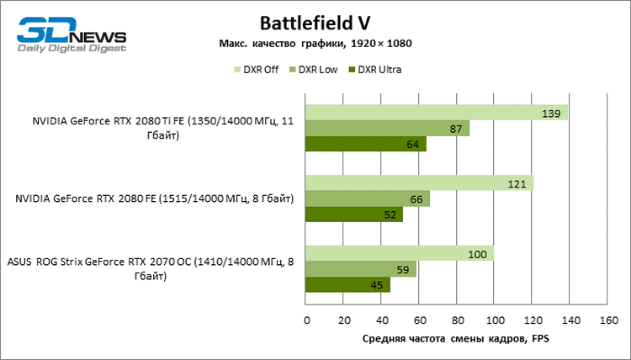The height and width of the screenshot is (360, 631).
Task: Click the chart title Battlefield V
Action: pyautogui.click(x=315, y=22)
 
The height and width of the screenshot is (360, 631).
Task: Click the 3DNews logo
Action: pyautogui.click(x=72, y=37)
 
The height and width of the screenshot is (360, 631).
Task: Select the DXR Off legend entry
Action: pyautogui.click(x=257, y=70)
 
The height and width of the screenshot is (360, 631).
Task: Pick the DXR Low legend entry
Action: pyautogui.click(x=313, y=70)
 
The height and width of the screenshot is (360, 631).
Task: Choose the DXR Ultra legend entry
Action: pyautogui.click(x=374, y=70)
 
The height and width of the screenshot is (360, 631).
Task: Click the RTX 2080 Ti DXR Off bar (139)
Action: pyautogui.click(x=436, y=113)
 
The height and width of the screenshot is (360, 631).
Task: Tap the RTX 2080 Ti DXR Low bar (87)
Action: pyautogui.click(x=387, y=129)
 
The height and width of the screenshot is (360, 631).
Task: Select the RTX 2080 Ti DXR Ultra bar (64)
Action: pyautogui.click(x=365, y=145)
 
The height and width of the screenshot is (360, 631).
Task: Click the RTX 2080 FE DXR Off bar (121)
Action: pyautogui.click(x=419, y=183)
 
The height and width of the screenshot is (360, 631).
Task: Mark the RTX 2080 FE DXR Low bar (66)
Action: pyautogui.click(x=368, y=199)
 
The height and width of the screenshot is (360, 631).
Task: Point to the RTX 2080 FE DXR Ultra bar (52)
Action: pyautogui.click(x=354, y=214)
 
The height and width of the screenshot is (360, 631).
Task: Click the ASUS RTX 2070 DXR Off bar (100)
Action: pyautogui.click(x=400, y=254)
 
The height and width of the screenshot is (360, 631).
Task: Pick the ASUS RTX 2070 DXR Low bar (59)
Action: pyautogui.click(x=361, y=270)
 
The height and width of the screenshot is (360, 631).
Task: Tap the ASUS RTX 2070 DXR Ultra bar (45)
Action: pyautogui.click(x=347, y=285)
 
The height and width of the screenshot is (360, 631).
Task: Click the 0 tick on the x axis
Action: pyautogui.click(x=306, y=320)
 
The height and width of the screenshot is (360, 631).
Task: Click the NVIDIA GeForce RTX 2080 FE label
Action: pyautogui.click(x=154, y=199)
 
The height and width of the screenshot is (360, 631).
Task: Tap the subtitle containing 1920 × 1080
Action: pyautogui.click(x=315, y=43)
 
